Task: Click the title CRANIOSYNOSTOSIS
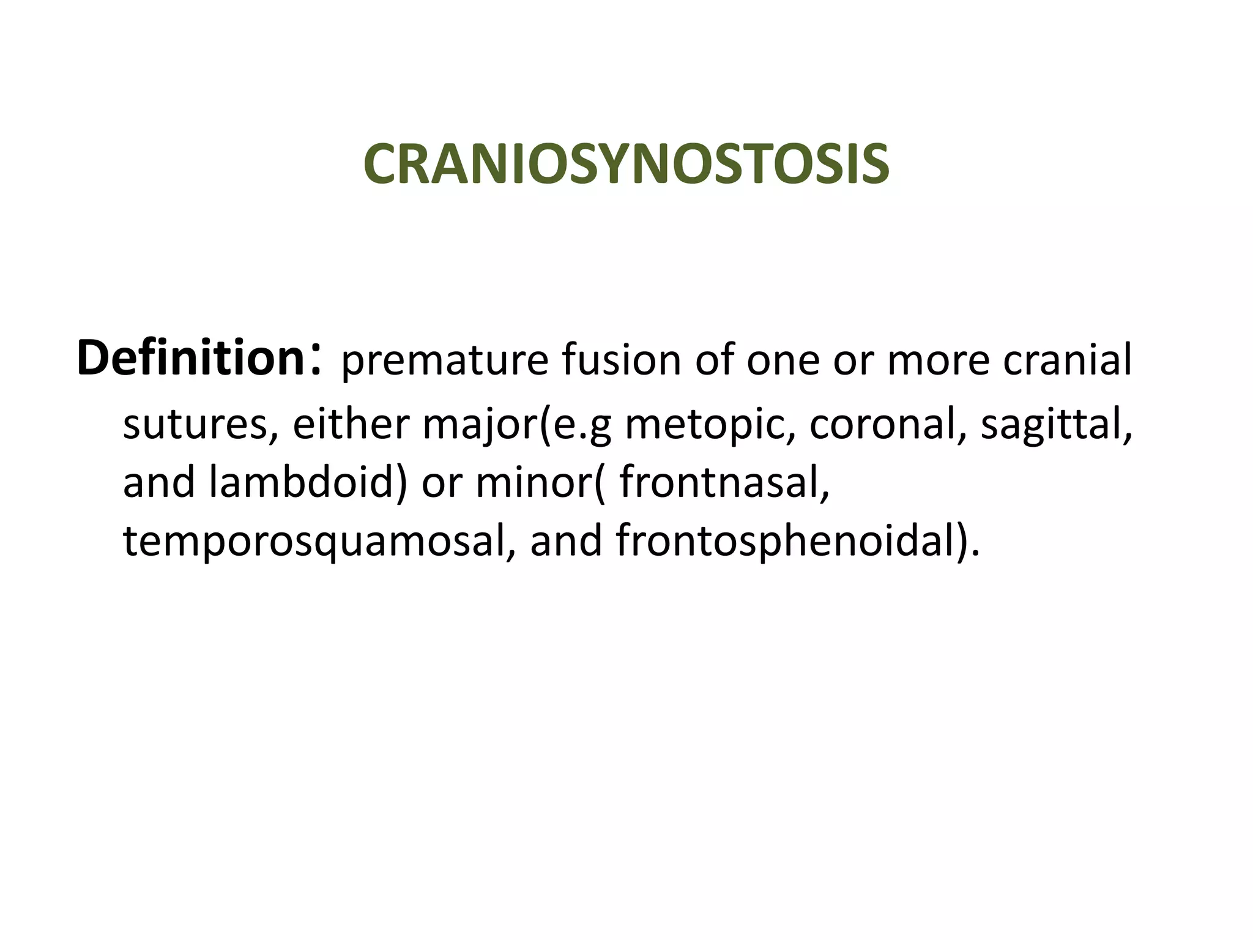click(626, 164)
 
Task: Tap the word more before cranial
click(938, 361)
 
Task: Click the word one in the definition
click(783, 361)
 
